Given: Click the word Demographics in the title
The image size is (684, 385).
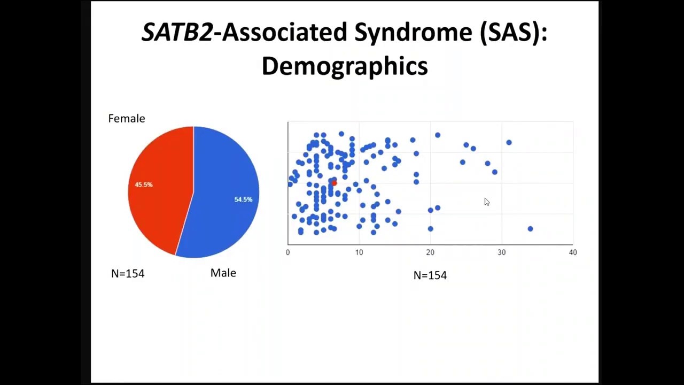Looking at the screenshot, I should (345, 66).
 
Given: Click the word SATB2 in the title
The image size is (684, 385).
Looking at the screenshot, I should (177, 33).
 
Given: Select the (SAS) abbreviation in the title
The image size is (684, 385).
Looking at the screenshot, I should (513, 33).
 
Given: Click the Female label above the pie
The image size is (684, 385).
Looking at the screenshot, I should (126, 119).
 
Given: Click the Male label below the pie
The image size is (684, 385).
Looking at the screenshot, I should (223, 273).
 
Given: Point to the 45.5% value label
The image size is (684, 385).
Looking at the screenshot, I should (143, 184).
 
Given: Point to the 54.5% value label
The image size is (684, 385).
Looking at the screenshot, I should (243, 199).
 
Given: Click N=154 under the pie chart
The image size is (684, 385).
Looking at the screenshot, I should (128, 274).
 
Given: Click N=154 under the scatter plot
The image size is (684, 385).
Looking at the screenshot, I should (430, 275).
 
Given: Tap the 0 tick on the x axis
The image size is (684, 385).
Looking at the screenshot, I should (288, 252).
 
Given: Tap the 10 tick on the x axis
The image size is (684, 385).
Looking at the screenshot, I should (359, 252).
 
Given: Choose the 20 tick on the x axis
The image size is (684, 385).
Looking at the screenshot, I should (430, 252).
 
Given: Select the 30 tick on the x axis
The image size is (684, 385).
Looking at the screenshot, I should (501, 252).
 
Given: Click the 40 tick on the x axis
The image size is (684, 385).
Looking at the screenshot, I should (572, 252).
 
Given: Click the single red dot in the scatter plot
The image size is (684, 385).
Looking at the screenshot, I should (334, 183).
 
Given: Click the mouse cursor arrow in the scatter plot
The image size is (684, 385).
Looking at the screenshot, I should (487, 202).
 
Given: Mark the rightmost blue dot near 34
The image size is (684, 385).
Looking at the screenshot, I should (530, 229).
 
